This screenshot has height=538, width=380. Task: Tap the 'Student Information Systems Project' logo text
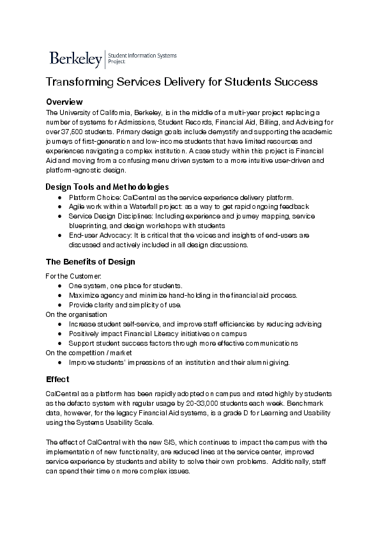tap(142, 59)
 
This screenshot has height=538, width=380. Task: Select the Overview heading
tap(65, 102)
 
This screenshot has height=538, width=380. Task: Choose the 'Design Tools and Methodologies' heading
tap(107, 187)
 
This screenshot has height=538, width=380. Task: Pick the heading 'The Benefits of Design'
tap(90, 262)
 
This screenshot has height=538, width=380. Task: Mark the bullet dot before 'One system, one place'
tap(59, 285)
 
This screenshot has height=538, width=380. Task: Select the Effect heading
tap(57, 379)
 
